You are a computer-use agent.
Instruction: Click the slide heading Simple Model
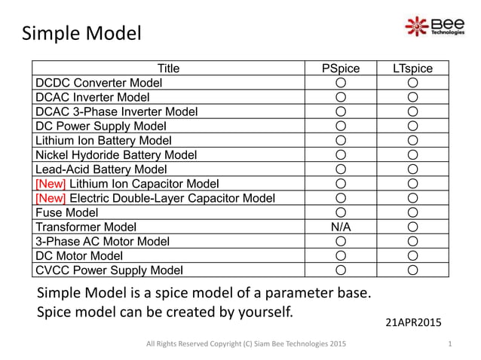click(81, 34)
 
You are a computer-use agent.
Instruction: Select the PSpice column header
click(340, 69)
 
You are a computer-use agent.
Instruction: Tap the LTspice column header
click(412, 69)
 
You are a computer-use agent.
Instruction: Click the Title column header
click(168, 69)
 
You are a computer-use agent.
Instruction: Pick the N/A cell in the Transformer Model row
click(340, 227)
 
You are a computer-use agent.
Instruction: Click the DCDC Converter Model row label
click(99, 83)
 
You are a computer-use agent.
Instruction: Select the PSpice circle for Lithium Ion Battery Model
click(340, 140)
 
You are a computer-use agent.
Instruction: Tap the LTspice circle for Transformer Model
click(412, 227)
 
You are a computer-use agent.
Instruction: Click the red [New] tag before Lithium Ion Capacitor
click(51, 184)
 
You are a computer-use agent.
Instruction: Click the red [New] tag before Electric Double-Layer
click(51, 198)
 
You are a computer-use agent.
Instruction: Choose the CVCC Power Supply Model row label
click(109, 270)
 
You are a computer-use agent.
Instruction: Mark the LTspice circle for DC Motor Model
click(412, 255)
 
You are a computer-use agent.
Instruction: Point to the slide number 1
click(449, 345)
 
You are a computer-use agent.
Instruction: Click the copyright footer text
click(246, 345)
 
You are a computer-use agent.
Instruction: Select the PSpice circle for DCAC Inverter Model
click(340, 97)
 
